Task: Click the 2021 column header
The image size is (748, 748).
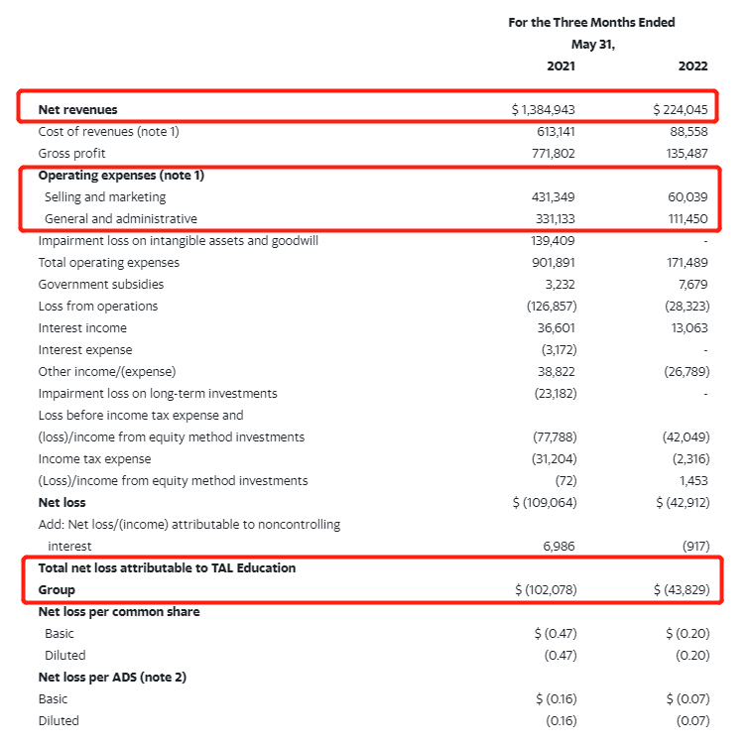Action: point(561,66)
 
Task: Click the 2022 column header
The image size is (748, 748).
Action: point(692,66)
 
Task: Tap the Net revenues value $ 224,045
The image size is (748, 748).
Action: point(681,110)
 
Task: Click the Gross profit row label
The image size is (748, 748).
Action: point(71,154)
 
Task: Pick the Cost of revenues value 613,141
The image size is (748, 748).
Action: point(554,132)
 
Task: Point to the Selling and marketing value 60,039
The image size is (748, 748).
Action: point(687,197)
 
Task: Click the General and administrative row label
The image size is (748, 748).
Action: point(120,219)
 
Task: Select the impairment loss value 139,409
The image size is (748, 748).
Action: point(554,241)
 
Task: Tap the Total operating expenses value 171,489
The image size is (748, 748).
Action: point(686,263)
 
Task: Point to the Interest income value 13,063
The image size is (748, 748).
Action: point(687,328)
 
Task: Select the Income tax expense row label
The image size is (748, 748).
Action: point(94,459)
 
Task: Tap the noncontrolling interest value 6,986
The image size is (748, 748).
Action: point(558,547)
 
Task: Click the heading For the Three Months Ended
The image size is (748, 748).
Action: point(591,23)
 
